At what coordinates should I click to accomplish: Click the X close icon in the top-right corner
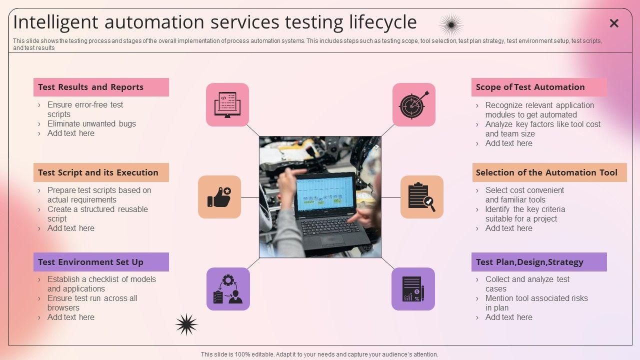[x=614, y=23]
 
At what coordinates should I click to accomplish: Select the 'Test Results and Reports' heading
[x=90, y=87]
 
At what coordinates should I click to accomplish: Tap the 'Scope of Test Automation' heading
[x=530, y=87]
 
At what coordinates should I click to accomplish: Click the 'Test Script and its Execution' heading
[x=98, y=172]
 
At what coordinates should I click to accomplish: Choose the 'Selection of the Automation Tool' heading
[x=546, y=172]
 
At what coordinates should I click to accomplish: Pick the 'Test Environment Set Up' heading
[x=90, y=262]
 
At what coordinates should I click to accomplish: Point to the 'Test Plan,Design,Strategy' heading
[x=529, y=262]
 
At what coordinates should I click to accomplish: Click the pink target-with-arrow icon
[x=414, y=104]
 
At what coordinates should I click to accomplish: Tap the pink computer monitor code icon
[x=227, y=104]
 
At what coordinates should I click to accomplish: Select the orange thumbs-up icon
[x=219, y=197]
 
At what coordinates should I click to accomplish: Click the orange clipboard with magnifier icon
[x=422, y=197]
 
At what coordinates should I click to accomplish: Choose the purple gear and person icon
[x=228, y=289]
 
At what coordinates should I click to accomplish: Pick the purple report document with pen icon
[x=413, y=289]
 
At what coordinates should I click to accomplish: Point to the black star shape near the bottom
[x=186, y=324]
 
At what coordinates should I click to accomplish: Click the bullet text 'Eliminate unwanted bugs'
[x=91, y=123]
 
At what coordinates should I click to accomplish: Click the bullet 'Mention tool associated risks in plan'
[x=536, y=303]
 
